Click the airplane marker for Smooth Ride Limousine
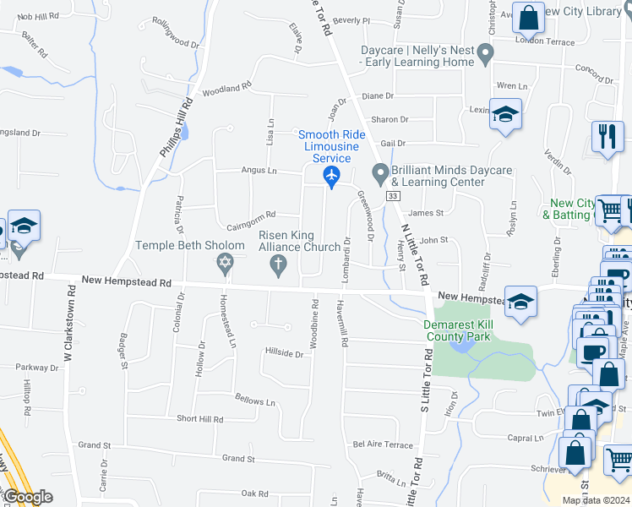[x=331, y=177]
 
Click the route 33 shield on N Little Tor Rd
[x=392, y=196]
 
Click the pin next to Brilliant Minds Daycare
[x=380, y=175]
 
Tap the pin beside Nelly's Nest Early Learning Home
[x=485, y=57]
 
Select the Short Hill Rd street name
[x=199, y=419]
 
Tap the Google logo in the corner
[x=27, y=497]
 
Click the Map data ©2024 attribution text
[x=596, y=500]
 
